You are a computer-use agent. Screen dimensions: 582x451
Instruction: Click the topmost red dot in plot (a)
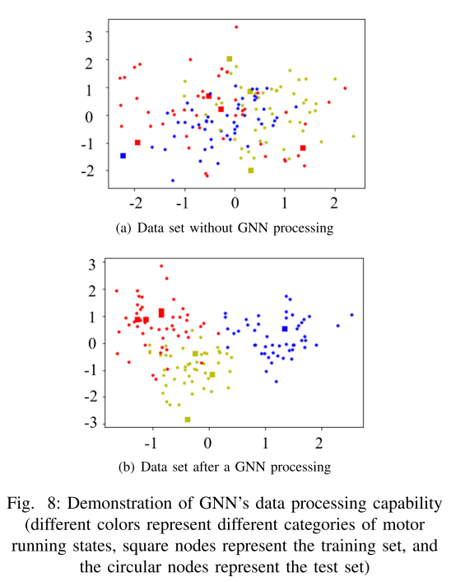coord(236,27)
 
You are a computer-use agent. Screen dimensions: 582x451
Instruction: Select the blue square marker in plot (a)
coord(123,155)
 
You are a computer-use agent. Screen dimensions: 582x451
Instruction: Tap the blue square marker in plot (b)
coord(285,329)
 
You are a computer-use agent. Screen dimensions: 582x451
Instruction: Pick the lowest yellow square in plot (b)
coord(188,420)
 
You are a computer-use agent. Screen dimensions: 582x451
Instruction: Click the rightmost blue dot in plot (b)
coord(351,315)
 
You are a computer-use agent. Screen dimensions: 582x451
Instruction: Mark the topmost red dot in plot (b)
coord(161,266)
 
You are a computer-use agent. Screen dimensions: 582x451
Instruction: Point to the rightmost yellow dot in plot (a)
coord(353,136)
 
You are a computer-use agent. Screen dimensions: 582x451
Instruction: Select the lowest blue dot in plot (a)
coord(173,180)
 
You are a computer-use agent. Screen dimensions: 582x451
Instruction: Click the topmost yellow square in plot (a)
coord(230,59)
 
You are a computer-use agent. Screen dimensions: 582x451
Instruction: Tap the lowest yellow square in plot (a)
coord(251,170)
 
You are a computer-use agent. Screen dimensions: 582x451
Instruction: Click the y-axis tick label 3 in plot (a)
coord(89,34)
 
